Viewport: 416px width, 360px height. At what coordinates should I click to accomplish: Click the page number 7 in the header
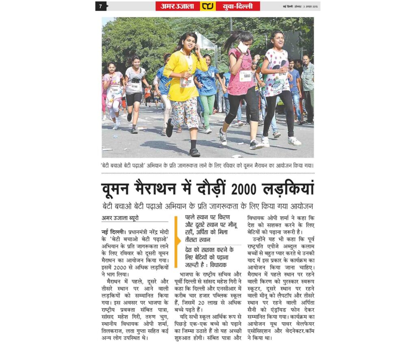click(x=100, y=6)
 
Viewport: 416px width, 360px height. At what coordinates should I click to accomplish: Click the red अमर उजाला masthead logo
click(x=178, y=6)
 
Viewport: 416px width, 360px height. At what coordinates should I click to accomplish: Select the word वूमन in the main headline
click(x=122, y=190)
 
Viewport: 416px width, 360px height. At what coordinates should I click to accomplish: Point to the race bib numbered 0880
click(x=245, y=75)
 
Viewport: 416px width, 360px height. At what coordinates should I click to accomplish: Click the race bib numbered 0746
click(x=134, y=86)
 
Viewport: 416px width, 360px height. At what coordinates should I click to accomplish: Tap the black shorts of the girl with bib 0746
click(x=134, y=99)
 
